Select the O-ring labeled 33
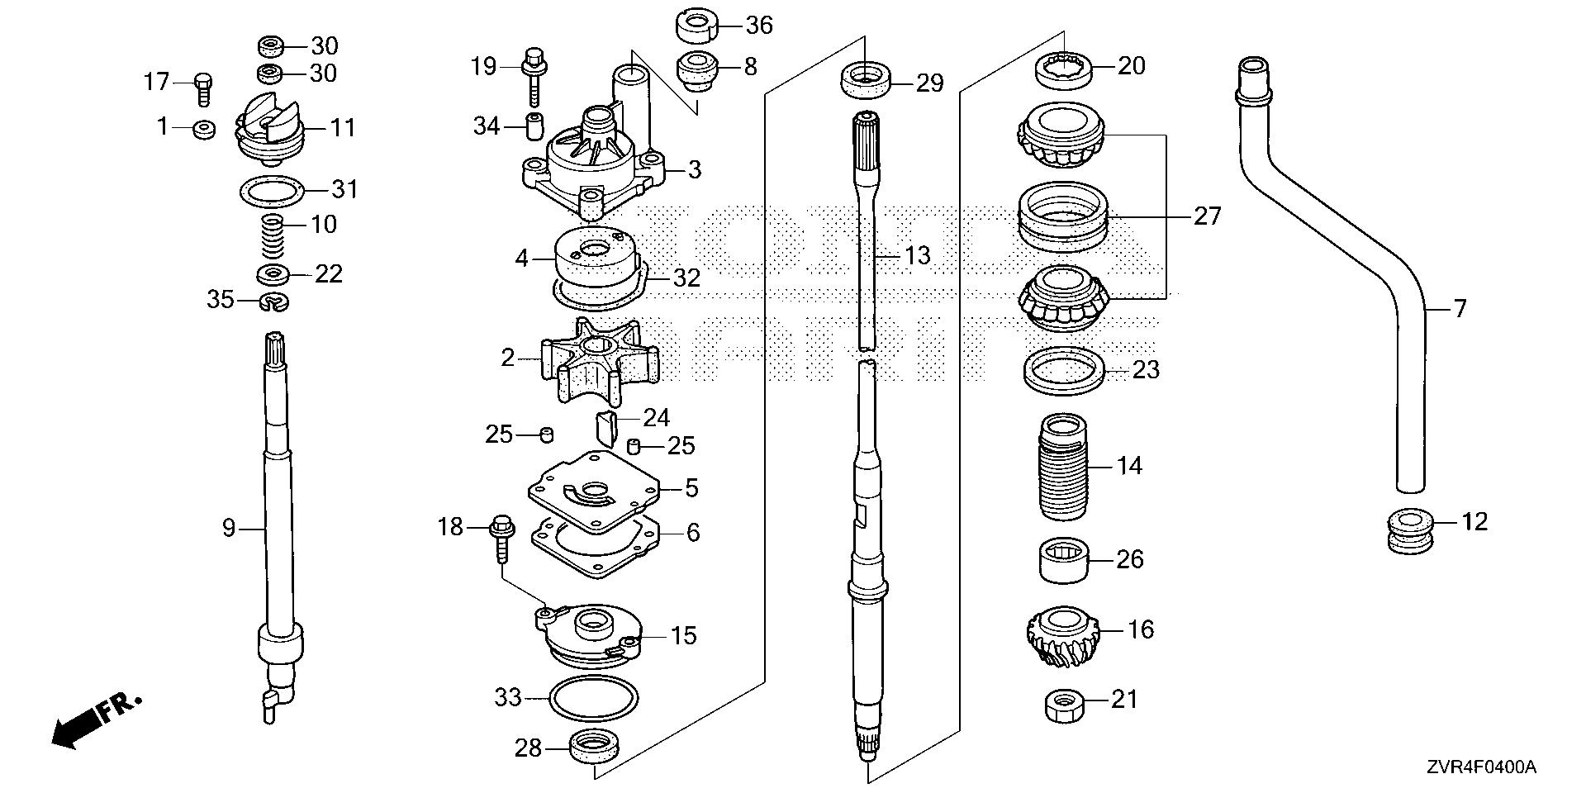(593, 700)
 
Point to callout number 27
(1207, 216)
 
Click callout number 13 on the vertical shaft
(917, 256)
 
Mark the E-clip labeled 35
(274, 302)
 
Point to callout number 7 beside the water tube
(1460, 309)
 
